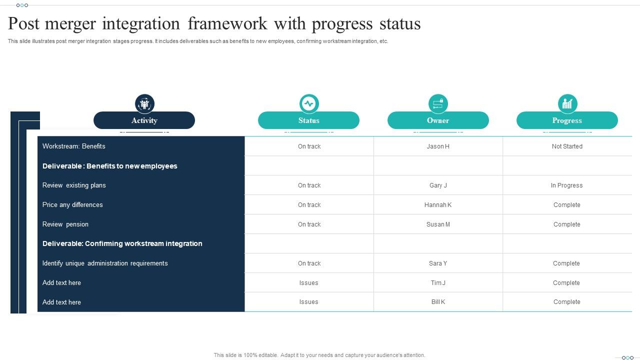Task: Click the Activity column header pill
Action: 144,120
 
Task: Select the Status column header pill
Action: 308,120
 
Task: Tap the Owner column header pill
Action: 438,120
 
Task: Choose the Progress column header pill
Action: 567,120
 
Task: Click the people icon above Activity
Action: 144,104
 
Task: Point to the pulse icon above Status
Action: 309,103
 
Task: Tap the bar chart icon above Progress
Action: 567,103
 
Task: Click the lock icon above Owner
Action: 438,103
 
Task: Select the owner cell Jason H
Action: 438,146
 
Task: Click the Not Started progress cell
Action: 567,146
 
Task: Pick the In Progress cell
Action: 566,185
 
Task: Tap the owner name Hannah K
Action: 438,205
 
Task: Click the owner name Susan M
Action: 438,224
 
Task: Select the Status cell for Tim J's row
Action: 308,283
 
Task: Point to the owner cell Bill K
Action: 438,302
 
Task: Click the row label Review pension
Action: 65,224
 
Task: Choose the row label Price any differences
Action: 72,205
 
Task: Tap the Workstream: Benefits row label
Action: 74,146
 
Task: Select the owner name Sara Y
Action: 438,263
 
